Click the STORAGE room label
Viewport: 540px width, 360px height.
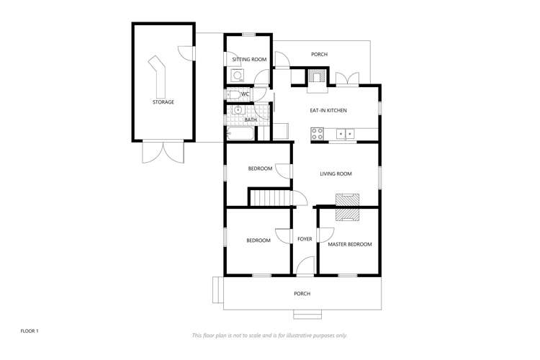coord(163,102)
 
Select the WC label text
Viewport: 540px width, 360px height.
coord(245,94)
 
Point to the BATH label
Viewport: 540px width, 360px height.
coord(250,120)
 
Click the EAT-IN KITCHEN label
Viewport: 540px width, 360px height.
coord(328,110)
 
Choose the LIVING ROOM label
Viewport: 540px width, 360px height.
coord(336,174)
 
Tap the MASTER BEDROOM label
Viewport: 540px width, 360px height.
coord(349,244)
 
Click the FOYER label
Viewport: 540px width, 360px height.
coord(305,238)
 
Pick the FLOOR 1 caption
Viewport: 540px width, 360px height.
coord(30,330)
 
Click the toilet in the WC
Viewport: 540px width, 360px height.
coord(233,94)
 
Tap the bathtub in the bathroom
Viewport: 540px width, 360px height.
coord(240,134)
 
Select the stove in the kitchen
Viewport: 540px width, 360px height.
coord(317,132)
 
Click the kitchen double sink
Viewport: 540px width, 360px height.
coord(346,132)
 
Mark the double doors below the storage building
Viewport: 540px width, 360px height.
coord(163,153)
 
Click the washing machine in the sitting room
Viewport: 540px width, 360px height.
coord(237,74)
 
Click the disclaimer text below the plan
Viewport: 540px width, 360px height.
coord(269,336)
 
